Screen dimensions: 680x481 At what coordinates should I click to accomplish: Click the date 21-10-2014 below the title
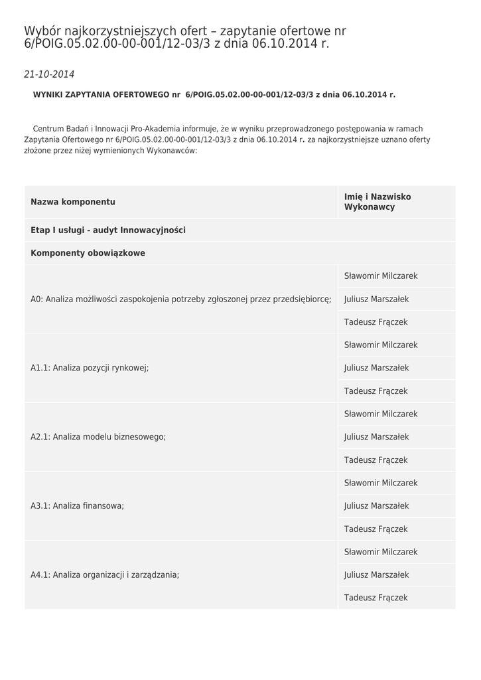tap(49, 74)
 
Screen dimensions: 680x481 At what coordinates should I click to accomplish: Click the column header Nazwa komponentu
tap(73, 202)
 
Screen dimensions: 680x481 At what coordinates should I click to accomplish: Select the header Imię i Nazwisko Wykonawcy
tap(378, 202)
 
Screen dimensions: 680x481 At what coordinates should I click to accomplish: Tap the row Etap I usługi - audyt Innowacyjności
tap(108, 230)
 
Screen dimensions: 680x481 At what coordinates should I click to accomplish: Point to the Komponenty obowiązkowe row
tap(88, 253)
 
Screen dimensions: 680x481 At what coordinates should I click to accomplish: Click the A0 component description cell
tap(180, 299)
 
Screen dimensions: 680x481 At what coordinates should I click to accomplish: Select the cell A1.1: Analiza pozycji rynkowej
tap(90, 368)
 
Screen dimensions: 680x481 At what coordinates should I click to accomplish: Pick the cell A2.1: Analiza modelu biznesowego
tap(98, 437)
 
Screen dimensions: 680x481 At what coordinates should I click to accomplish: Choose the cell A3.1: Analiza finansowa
tap(78, 506)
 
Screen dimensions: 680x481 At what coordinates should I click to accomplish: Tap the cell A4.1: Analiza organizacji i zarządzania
tap(105, 575)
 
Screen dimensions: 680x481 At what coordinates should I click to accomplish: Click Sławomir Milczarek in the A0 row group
tap(381, 276)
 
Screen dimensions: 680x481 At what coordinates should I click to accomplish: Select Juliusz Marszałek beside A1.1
tap(376, 368)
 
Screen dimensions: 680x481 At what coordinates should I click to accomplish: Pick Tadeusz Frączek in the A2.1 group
tap(376, 460)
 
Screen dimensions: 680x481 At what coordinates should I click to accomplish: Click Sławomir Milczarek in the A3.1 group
tap(381, 483)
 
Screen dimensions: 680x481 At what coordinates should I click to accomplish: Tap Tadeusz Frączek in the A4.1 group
tap(376, 598)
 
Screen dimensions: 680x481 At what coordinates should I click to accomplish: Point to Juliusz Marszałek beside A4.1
tap(376, 575)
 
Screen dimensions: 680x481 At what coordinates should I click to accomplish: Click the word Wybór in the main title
tap(43, 31)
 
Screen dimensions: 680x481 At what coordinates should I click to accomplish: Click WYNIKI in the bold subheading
tap(48, 95)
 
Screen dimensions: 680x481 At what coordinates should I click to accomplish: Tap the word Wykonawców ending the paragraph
tap(175, 150)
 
